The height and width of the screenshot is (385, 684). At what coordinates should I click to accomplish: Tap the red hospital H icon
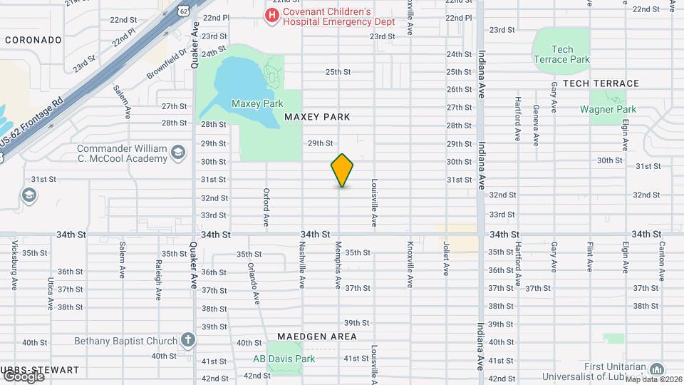click(x=271, y=15)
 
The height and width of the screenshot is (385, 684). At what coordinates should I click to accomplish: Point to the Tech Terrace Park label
click(x=562, y=55)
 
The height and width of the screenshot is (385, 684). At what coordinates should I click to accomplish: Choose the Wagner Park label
click(x=607, y=109)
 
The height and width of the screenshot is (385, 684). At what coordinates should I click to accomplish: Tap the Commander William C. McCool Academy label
click(x=122, y=153)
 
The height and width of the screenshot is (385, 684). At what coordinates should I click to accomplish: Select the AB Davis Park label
click(x=284, y=359)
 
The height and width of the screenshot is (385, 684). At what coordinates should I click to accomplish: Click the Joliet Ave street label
click(x=447, y=260)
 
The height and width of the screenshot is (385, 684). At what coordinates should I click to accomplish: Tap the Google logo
click(x=23, y=376)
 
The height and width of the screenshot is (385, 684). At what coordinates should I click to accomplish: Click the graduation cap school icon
click(x=29, y=195)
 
